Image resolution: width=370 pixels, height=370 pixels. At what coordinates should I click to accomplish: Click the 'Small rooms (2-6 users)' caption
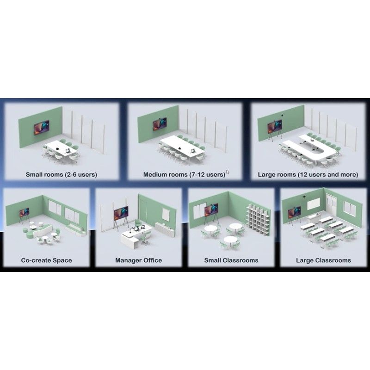click(x=62, y=175)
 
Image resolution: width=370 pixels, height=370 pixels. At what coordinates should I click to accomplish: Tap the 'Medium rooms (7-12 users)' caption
click(x=184, y=175)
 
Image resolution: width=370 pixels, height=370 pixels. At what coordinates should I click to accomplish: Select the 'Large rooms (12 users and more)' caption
click(x=308, y=175)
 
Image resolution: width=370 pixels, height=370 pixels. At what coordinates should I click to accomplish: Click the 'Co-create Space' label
click(x=47, y=260)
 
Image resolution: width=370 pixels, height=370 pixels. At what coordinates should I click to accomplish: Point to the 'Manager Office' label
click(x=138, y=260)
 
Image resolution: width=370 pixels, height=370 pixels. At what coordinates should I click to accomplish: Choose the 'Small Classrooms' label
click(x=231, y=260)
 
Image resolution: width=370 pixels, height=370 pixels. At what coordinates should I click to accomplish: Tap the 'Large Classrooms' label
click(x=323, y=260)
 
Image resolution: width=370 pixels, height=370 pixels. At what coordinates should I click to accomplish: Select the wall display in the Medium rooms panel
click(x=160, y=124)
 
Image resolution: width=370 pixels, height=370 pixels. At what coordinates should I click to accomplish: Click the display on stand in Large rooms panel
click(x=274, y=126)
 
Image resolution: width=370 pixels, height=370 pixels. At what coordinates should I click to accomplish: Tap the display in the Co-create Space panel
click(x=25, y=212)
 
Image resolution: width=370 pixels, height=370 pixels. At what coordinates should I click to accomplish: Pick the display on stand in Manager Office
click(x=121, y=213)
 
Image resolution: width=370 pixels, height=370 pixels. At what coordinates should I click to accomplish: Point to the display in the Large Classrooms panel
click(x=294, y=211)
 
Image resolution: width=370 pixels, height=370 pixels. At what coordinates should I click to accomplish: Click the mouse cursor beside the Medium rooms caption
click(x=228, y=172)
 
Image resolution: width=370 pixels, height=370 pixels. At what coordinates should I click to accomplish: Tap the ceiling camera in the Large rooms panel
click(x=283, y=115)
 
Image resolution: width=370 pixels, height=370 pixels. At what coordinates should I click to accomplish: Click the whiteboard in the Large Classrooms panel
click(x=314, y=203)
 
